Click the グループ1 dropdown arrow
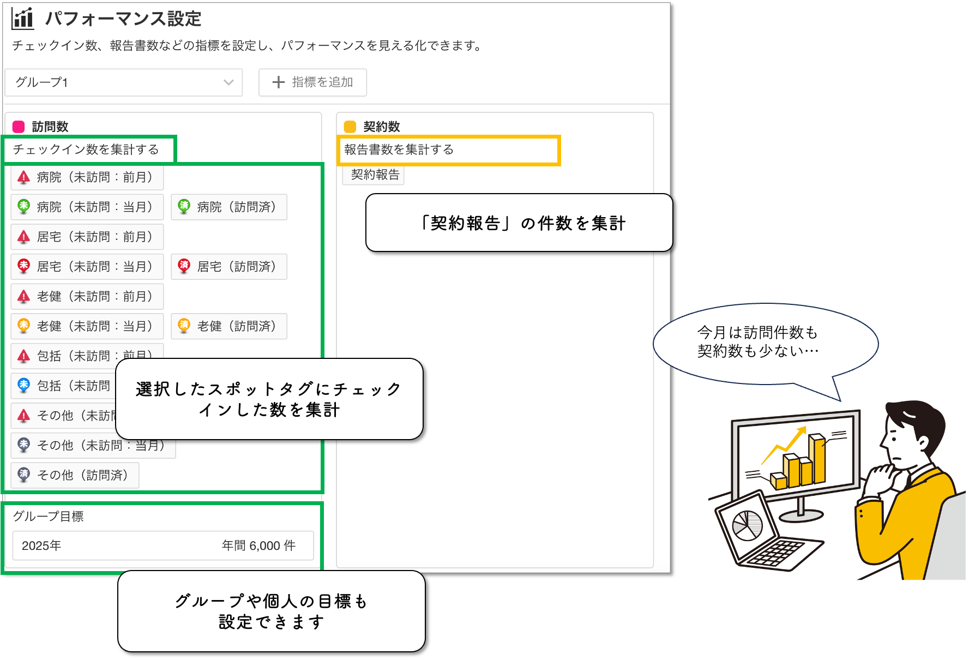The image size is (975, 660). (x=228, y=82)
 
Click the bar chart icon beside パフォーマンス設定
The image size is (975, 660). (x=22, y=19)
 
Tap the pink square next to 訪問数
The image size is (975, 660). (x=19, y=127)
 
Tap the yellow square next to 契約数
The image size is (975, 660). (x=350, y=127)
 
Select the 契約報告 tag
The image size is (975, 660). (x=375, y=175)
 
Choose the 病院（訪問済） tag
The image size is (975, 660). (x=229, y=207)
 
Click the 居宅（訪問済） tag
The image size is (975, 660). (x=229, y=267)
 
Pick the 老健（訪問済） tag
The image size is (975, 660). (x=229, y=326)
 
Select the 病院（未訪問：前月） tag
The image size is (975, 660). (x=87, y=177)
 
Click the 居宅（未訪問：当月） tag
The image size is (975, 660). (x=87, y=267)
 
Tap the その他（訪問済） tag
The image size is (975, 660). (x=75, y=475)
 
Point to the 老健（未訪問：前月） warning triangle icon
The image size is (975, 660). (x=23, y=297)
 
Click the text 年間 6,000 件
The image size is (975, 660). (x=258, y=545)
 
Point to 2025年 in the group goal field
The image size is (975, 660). (x=41, y=545)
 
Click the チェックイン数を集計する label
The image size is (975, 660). (x=86, y=149)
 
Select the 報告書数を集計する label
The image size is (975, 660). (x=399, y=149)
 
